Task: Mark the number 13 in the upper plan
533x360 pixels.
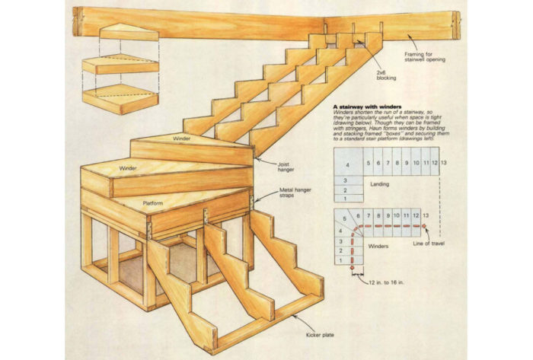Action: (x=444, y=163)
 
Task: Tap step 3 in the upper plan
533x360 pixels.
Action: (x=344, y=180)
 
